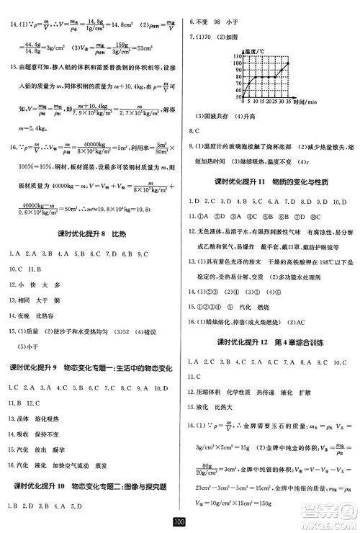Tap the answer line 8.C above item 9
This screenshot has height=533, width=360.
point(193,132)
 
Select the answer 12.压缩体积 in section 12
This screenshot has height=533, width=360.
point(211,393)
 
